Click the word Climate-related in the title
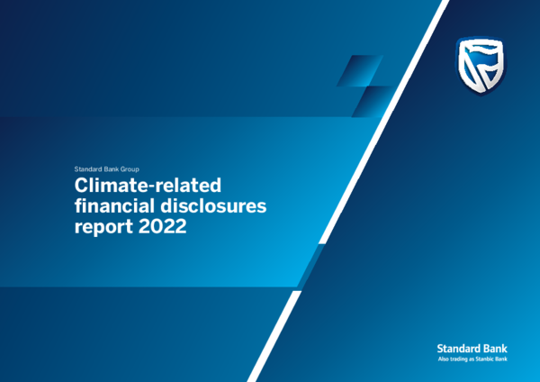[148, 185]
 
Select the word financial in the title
[114, 205]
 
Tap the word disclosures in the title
[213, 205]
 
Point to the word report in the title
[103, 227]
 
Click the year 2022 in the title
[163, 226]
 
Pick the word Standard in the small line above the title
[86, 169]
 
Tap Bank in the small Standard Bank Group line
[109, 169]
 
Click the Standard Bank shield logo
[481, 66]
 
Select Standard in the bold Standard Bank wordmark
[454, 349]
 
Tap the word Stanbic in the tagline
[481, 359]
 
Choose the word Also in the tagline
[442, 359]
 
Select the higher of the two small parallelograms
[359, 70]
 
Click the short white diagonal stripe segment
[274, 336]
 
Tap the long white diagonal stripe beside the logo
[384, 122]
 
